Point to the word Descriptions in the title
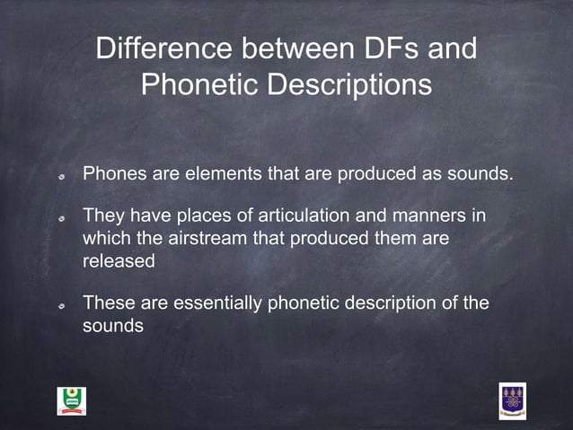point(351,86)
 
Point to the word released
point(119,260)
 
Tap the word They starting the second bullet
point(105,216)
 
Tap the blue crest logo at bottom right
point(512,400)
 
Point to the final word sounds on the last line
point(113,326)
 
